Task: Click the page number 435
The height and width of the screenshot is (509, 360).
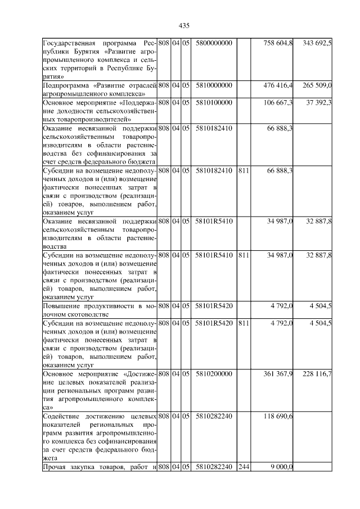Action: tap(183, 25)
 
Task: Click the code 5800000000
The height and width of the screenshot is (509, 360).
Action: tap(214, 43)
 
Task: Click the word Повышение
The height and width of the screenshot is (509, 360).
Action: tap(61, 306)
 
